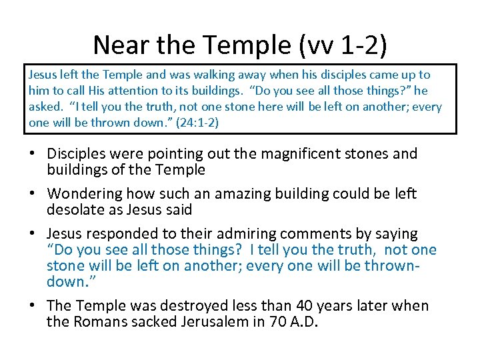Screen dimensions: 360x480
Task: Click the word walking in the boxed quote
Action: (191, 75)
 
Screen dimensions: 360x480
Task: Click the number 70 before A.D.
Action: (281, 322)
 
